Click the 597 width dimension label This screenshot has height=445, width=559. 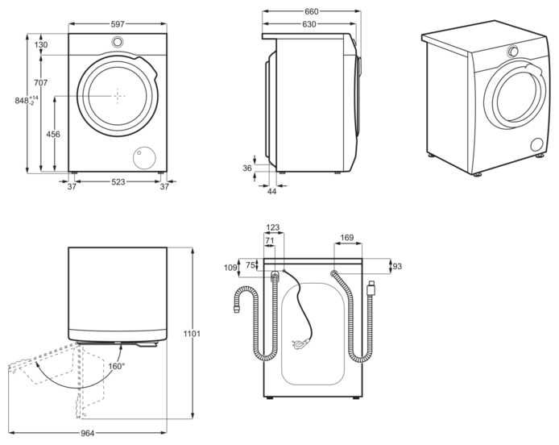tap(118, 25)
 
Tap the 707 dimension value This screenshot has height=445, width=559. tap(41, 83)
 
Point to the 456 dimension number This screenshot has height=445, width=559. tap(53, 134)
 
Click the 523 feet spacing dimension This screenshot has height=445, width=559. tap(118, 183)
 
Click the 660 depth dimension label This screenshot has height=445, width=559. tap(312, 11)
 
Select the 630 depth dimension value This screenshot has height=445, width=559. tap(308, 24)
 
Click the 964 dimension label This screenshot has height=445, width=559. tap(88, 433)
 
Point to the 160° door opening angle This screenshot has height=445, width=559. tap(116, 366)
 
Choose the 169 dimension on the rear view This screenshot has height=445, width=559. tap(347, 238)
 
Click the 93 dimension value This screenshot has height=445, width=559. tap(396, 267)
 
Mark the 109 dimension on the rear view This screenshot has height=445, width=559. tap(231, 268)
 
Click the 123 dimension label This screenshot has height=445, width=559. tap(273, 228)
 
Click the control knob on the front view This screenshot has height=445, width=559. tap(118, 43)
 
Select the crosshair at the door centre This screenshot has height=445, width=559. tap(118, 95)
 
